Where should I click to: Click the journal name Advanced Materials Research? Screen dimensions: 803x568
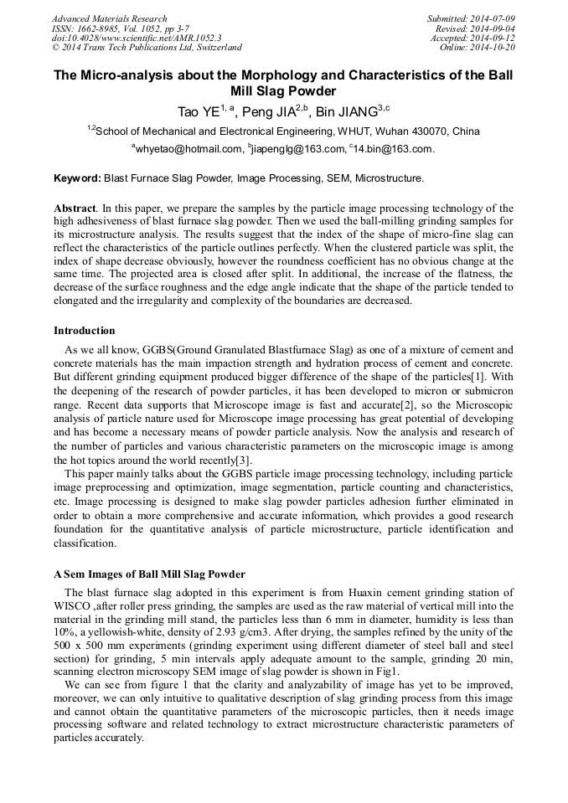(110, 18)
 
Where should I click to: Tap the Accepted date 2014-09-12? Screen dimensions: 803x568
(493, 39)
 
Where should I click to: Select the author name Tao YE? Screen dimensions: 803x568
(199, 111)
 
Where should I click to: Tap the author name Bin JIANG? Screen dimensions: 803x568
(347, 111)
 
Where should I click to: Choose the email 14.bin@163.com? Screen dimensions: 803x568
(394, 149)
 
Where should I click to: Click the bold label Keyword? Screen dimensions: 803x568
(77, 178)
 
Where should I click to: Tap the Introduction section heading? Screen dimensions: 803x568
(85, 331)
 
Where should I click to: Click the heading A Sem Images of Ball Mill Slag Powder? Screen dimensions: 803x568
(149, 574)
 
